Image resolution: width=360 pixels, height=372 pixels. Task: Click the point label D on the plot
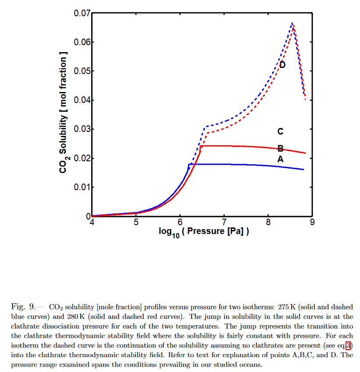(282, 65)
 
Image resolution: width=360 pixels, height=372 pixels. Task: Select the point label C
(281, 131)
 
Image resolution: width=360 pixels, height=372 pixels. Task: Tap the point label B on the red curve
(281, 149)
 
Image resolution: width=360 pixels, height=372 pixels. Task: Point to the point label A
(281, 159)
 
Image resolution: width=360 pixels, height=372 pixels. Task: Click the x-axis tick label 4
(92, 222)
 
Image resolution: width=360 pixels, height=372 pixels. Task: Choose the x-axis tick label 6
(180, 222)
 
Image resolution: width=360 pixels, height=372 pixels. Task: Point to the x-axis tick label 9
(312, 222)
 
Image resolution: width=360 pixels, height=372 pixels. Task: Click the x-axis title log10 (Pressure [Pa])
(204, 232)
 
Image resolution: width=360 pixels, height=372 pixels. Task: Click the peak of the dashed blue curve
(292, 23)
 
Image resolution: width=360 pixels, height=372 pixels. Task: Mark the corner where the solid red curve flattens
(201, 146)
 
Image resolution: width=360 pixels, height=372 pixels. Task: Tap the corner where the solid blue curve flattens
(189, 164)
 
